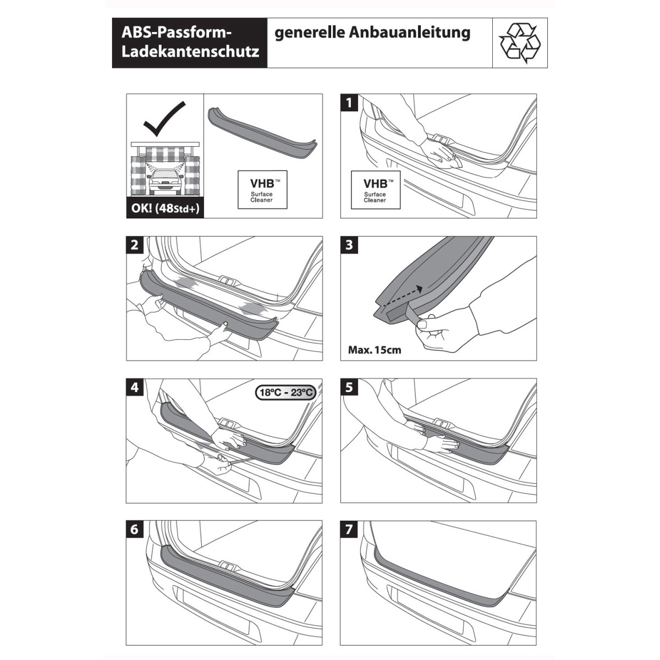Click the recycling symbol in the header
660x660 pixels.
click(x=519, y=43)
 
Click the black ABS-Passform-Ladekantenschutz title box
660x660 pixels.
click(x=190, y=43)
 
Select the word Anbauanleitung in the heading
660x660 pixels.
click(x=410, y=32)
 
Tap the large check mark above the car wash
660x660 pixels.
click(x=164, y=118)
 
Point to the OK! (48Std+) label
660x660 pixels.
click(x=165, y=208)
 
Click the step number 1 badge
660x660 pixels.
click(x=349, y=103)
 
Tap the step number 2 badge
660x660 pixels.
click(x=135, y=245)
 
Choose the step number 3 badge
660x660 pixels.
click(x=349, y=245)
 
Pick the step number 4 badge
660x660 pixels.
click(x=135, y=388)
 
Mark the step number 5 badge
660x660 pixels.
click(x=349, y=388)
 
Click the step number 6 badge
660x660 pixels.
click(x=135, y=530)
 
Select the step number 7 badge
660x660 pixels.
click(x=349, y=530)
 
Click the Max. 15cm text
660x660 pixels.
click(x=375, y=350)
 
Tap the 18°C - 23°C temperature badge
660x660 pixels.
click(x=285, y=392)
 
